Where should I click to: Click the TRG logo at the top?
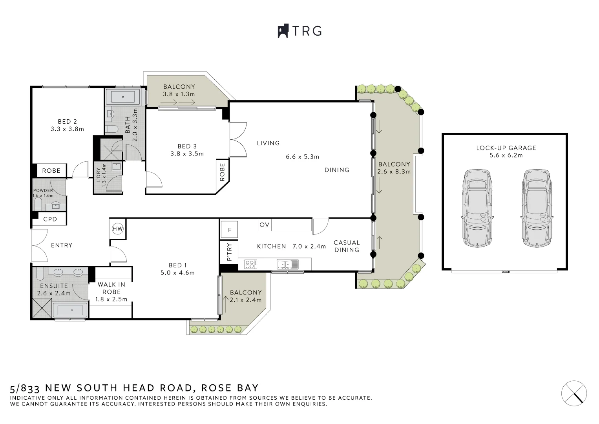[x=299, y=31]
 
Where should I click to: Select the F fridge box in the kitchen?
[x=230, y=230]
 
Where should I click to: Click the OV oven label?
[x=265, y=225]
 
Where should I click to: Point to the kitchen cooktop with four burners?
[x=251, y=264]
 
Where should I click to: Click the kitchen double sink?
[x=287, y=264]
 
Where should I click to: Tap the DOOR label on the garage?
[x=506, y=272]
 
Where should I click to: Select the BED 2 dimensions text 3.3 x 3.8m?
[x=67, y=129]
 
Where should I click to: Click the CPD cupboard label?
[x=50, y=219]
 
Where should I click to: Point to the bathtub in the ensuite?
[x=71, y=310]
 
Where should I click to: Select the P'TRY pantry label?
[x=230, y=252]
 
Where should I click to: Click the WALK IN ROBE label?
[x=111, y=288]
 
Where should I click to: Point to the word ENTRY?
[x=62, y=245]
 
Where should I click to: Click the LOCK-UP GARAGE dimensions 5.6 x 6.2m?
[x=506, y=155]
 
